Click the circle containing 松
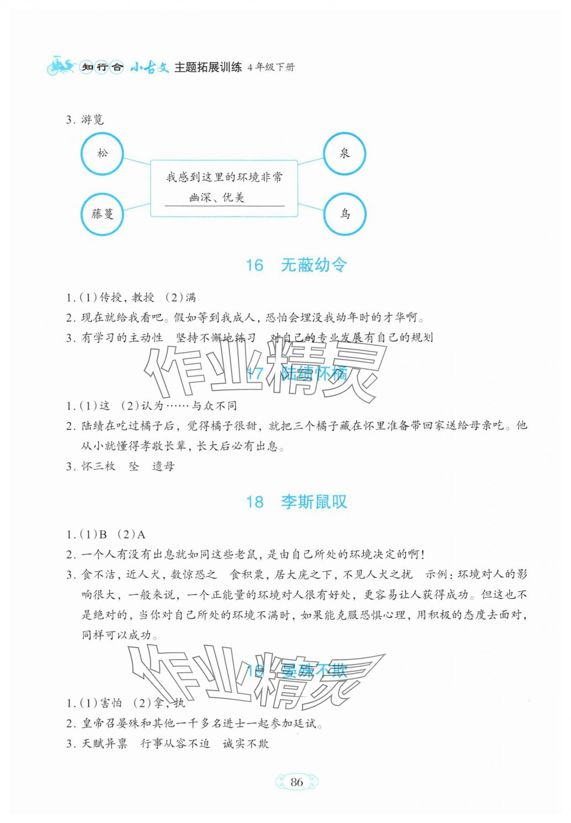(102, 153)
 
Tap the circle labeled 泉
(344, 153)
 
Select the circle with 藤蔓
(102, 214)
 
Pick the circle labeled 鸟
(344, 214)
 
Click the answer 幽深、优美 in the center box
(217, 197)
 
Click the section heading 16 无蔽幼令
(296, 265)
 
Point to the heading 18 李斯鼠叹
(296, 502)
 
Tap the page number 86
(296, 782)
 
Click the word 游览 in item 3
(93, 120)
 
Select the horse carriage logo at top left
(60, 66)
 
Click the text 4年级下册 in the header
(271, 68)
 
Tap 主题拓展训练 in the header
(208, 68)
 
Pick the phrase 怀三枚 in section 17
(98, 466)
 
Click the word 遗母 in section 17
(163, 466)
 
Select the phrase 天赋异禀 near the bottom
(104, 744)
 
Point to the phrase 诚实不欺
(246, 744)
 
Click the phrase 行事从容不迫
(175, 744)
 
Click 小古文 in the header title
(149, 68)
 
